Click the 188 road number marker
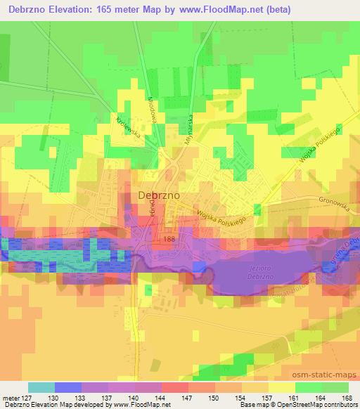pos(168,240)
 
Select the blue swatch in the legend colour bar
pos(68,387)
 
